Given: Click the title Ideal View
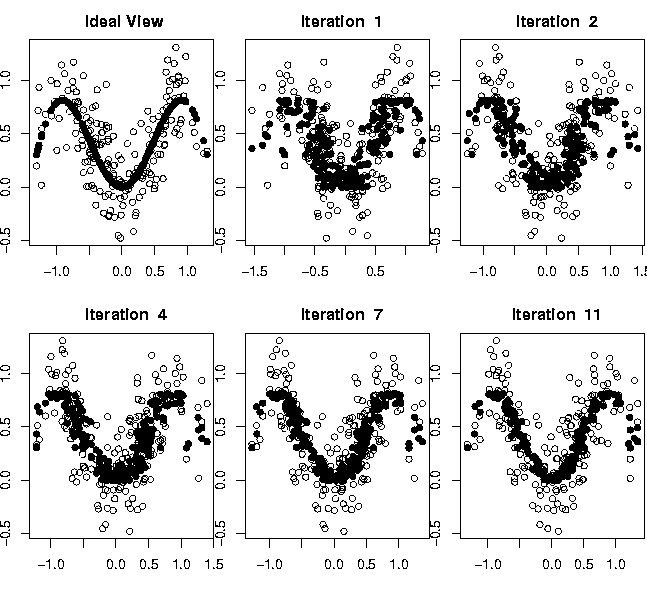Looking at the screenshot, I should [x=124, y=21].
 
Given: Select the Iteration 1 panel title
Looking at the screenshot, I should [x=340, y=21].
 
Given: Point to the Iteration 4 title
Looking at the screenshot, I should [x=124, y=315].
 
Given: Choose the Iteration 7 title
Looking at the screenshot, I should [x=340, y=315].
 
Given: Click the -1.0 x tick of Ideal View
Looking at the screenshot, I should [x=57, y=270].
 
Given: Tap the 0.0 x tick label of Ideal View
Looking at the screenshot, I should [x=122, y=270].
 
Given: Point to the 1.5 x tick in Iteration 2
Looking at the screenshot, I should [x=636, y=270].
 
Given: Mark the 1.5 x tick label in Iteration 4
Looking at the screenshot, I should [x=213, y=564].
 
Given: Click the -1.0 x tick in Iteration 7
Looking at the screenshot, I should [x=269, y=564].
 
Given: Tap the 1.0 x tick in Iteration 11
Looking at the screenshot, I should [x=617, y=564].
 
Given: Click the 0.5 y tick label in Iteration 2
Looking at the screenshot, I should [x=441, y=132].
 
